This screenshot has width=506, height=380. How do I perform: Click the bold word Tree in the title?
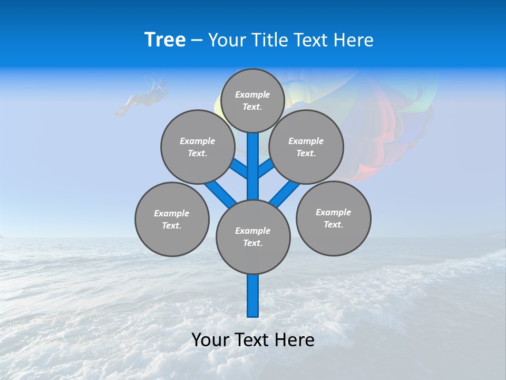(x=165, y=40)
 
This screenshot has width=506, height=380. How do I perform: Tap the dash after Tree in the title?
(x=197, y=41)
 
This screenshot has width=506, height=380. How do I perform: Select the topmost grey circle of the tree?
(x=252, y=100)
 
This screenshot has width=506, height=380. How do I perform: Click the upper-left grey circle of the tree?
(x=197, y=147)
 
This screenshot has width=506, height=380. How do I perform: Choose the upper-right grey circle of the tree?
(x=306, y=147)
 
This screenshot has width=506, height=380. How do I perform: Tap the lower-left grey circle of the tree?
(x=172, y=219)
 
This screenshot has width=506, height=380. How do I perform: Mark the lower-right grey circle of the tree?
(x=333, y=218)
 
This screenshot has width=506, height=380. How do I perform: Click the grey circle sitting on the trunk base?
(x=253, y=237)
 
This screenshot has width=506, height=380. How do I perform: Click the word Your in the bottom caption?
(x=210, y=340)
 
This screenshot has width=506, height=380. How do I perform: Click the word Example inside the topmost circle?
(x=252, y=95)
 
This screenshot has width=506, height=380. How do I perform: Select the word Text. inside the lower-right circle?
(x=333, y=224)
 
